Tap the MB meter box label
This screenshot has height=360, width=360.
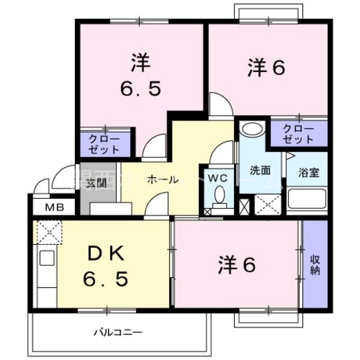(x=53, y=208)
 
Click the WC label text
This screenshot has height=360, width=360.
(x=217, y=178)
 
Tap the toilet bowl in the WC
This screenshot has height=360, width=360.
(x=219, y=196)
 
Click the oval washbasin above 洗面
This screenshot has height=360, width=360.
(x=253, y=129)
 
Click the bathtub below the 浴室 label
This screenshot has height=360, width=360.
(x=307, y=199)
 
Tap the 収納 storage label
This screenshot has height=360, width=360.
(x=315, y=265)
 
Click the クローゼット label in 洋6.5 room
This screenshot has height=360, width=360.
(x=104, y=143)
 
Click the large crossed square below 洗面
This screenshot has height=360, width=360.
(x=266, y=204)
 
